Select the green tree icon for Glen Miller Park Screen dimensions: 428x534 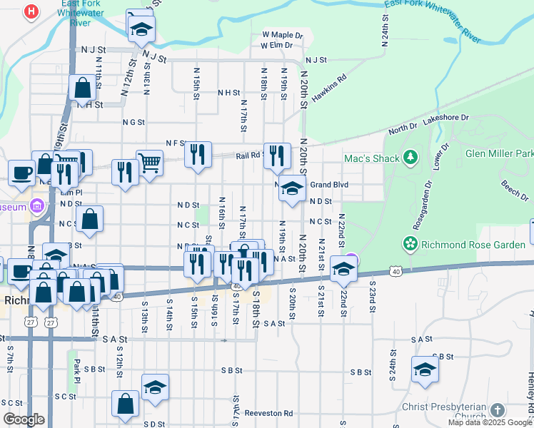[x=410, y=156]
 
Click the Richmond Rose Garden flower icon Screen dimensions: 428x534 [x=410, y=244]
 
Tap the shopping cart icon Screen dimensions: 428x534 [x=150, y=163]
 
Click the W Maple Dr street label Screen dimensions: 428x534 [x=283, y=34]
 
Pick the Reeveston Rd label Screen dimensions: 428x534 [x=268, y=413]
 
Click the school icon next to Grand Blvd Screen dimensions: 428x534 [x=291, y=189]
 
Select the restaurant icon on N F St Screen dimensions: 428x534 [x=198, y=154]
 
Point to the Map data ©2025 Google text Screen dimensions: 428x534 [x=489, y=422]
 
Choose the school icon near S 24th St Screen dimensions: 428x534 [x=425, y=370]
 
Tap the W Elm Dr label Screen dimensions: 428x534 [x=277, y=46]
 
